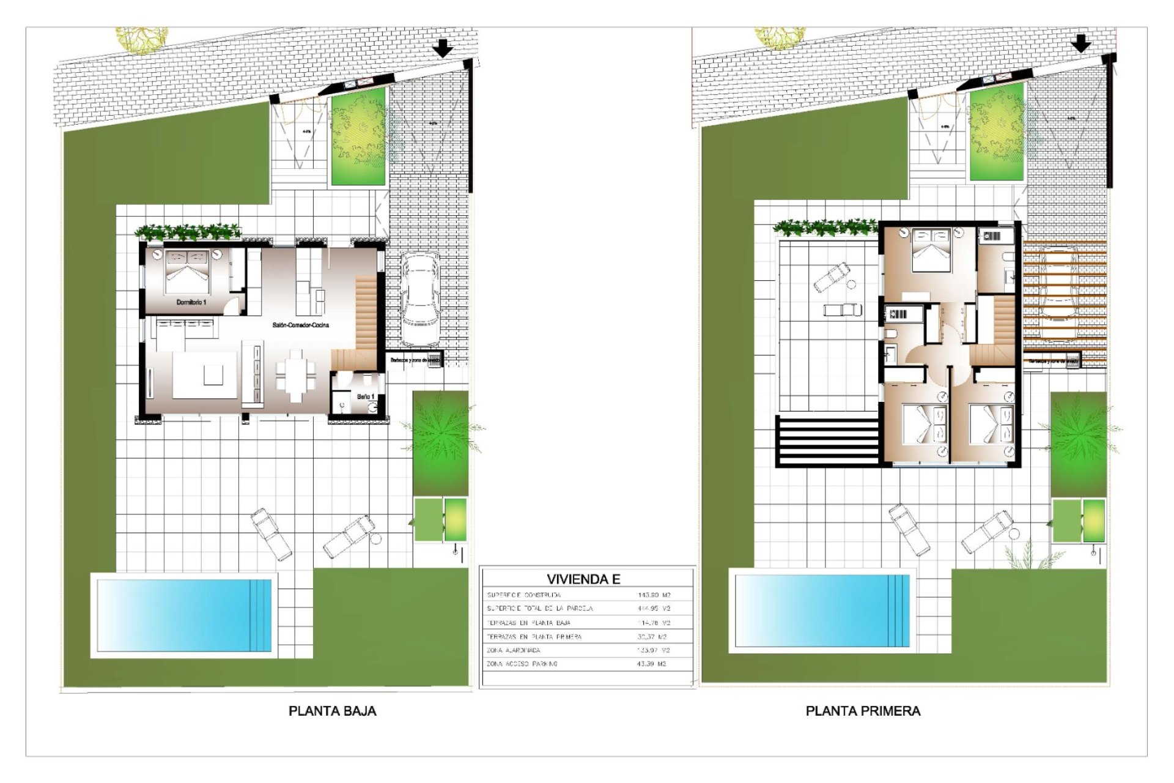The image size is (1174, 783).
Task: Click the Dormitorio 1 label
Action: tap(191, 302)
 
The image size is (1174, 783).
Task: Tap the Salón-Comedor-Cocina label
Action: tap(300, 325)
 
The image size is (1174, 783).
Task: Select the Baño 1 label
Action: tap(366, 397)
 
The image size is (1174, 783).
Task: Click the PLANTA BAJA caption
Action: tap(332, 711)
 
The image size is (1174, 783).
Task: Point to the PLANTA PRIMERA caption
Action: tap(863, 711)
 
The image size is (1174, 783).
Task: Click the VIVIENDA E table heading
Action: tap(583, 579)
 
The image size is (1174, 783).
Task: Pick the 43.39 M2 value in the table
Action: tap(651, 664)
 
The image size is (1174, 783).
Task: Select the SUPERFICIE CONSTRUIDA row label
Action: tap(523, 595)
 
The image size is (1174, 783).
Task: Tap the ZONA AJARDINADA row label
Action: tap(513, 650)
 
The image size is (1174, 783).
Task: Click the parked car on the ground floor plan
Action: tap(419, 299)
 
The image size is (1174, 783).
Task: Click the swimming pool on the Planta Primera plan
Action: tap(822, 610)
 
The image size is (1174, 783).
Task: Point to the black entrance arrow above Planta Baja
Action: tap(442, 48)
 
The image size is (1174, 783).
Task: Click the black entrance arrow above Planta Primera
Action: tap(1081, 43)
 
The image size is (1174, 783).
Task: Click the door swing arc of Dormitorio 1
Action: tap(232, 306)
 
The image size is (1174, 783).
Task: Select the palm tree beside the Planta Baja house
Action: tap(441, 431)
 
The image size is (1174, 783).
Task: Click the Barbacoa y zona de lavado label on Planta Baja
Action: tap(414, 360)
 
